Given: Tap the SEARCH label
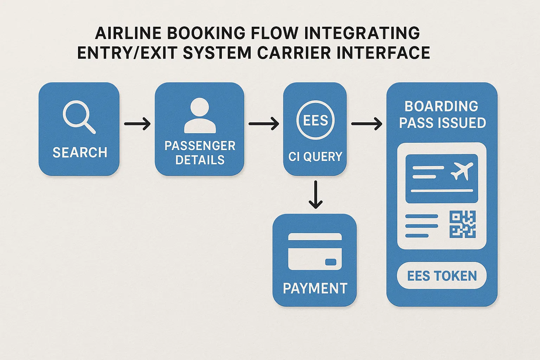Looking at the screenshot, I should (x=80, y=153).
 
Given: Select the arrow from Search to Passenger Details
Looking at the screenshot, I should (x=137, y=124).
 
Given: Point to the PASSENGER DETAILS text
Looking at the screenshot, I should (x=200, y=153).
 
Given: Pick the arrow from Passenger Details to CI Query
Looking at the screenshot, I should (x=263, y=124).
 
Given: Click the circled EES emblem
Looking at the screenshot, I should (x=315, y=121).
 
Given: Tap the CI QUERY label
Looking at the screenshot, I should (x=315, y=157).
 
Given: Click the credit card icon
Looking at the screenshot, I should (x=315, y=251).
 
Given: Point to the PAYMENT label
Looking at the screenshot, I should (x=315, y=289).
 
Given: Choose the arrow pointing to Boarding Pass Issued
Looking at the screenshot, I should (x=366, y=124).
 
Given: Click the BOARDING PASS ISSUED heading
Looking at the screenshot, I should (x=442, y=115).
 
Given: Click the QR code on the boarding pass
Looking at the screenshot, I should (x=462, y=224).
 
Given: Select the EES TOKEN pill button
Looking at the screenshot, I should (x=442, y=276).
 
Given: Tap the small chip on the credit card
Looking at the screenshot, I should (x=330, y=262).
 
